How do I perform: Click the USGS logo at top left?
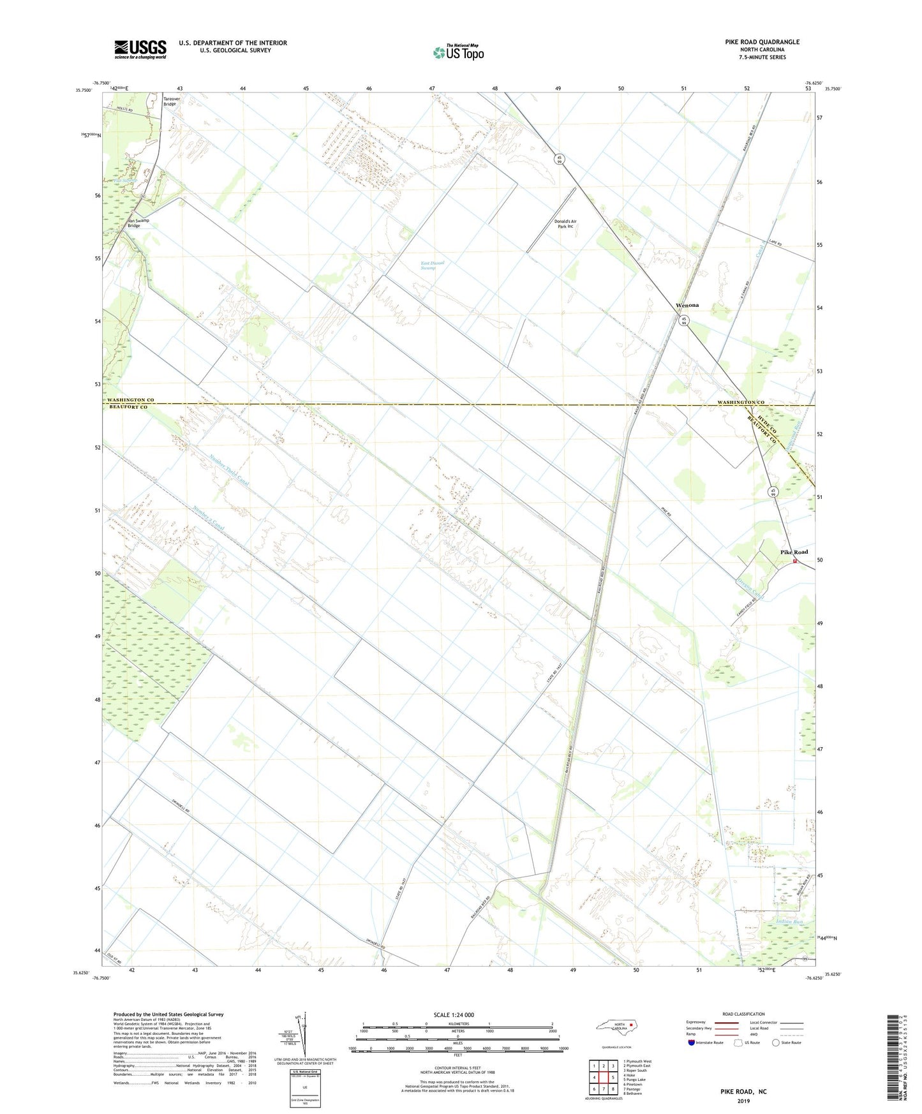[x=140, y=49]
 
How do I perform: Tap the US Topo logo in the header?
[x=458, y=52]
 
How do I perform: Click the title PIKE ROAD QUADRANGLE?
[x=762, y=42]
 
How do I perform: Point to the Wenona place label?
[x=687, y=305]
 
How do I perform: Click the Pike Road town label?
[x=794, y=552]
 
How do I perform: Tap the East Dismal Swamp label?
[x=432, y=265]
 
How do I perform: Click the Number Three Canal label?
[x=228, y=470]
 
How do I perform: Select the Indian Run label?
[x=789, y=921]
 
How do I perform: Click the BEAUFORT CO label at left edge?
[x=127, y=407]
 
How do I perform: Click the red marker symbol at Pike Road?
[x=795, y=561]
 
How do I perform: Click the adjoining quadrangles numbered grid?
[x=603, y=1078]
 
